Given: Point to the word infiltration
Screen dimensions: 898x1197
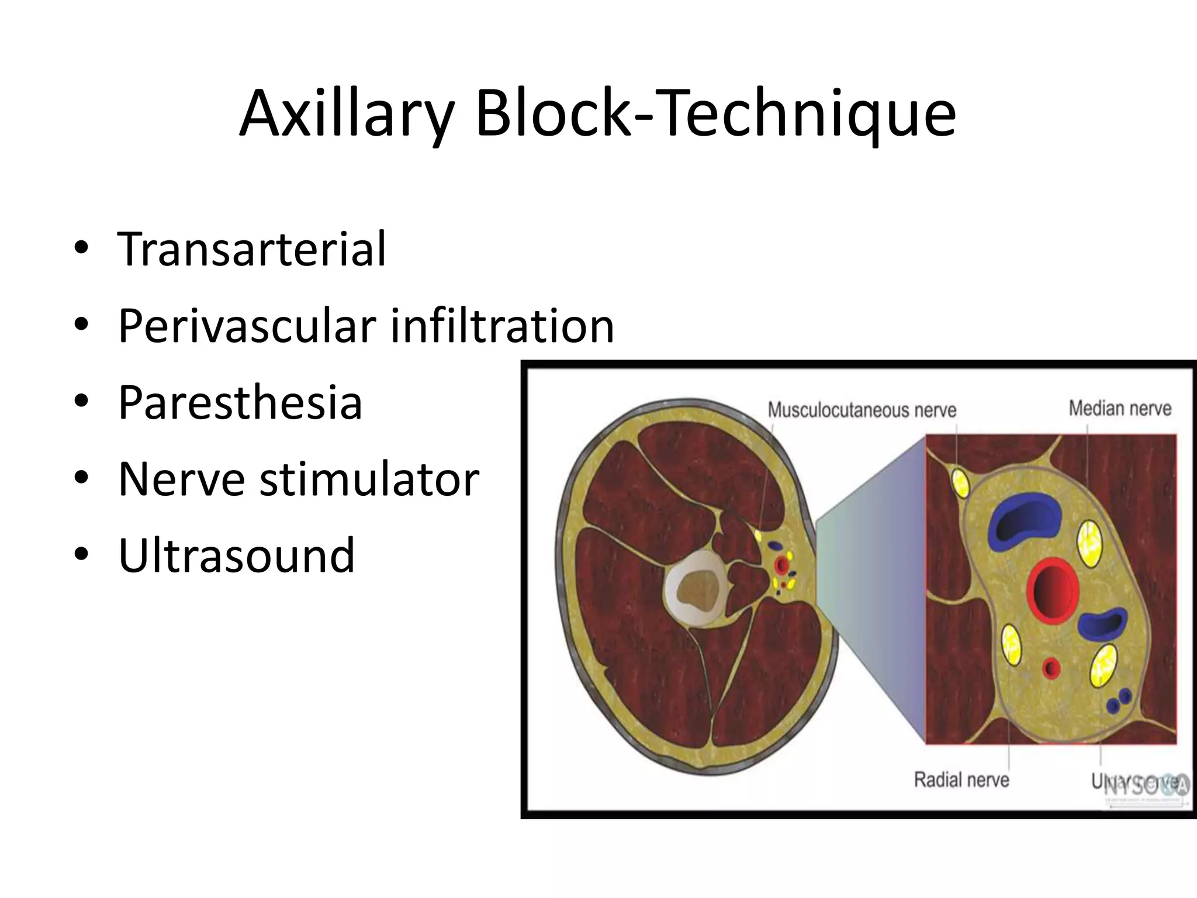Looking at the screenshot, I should click(502, 326).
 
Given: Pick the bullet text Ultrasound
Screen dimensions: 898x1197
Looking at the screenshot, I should click(236, 555).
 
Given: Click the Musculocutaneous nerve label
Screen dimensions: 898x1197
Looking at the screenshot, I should click(862, 410).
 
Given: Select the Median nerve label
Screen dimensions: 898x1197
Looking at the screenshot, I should click(1120, 408).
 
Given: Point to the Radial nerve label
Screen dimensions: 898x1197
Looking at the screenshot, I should click(961, 779).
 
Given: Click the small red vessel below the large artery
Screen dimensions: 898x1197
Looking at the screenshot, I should click(1051, 668).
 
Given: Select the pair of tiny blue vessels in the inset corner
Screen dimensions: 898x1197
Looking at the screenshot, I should click(1118, 701).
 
